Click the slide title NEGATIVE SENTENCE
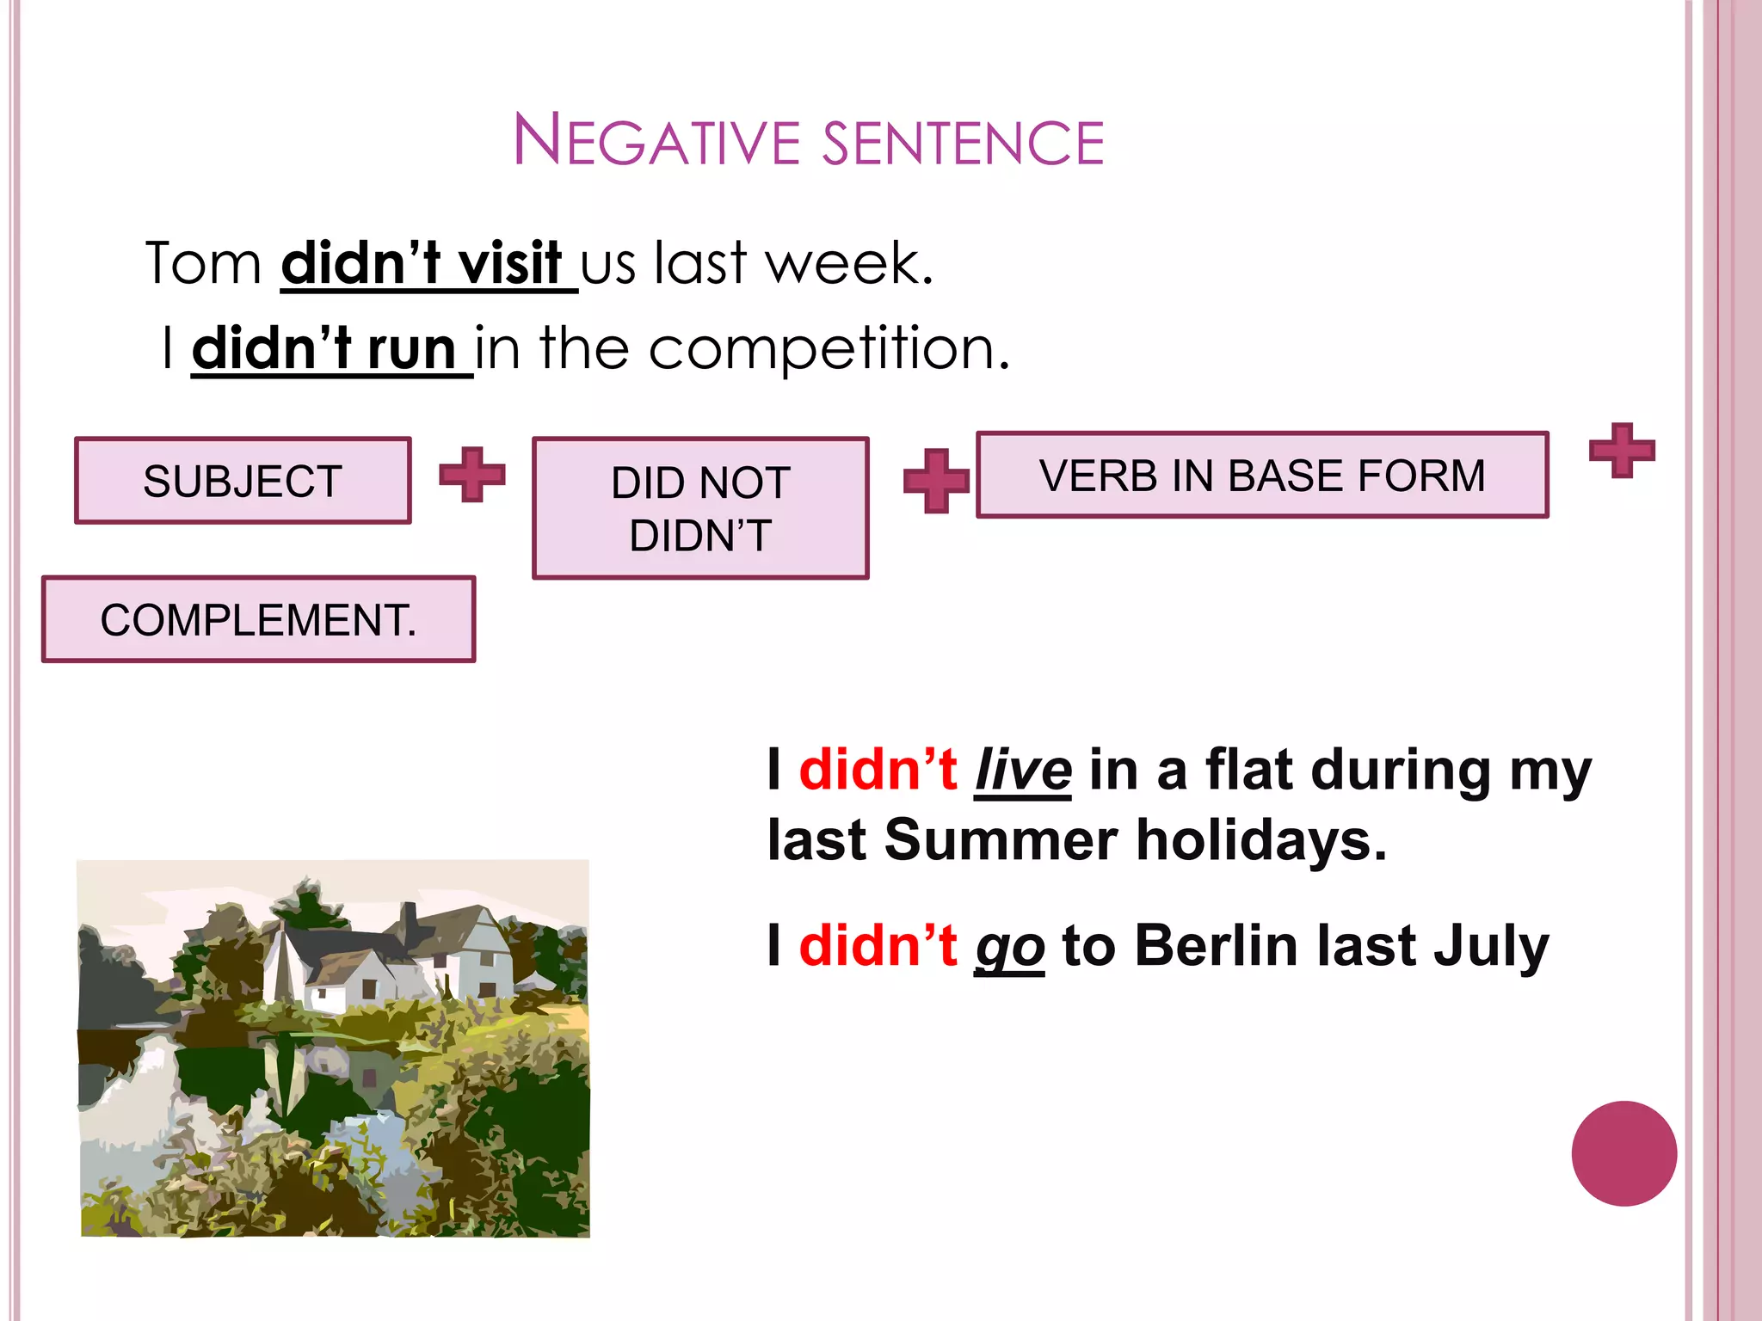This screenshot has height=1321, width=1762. click(x=809, y=140)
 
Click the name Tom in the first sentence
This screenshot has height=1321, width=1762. click(x=203, y=263)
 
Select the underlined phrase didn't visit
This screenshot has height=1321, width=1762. click(x=422, y=263)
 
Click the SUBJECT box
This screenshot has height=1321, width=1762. click(x=243, y=481)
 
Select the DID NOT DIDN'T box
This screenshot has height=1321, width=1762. click(x=700, y=508)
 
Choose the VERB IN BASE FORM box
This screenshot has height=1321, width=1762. click(x=1262, y=476)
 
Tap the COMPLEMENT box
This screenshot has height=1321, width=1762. click(x=258, y=619)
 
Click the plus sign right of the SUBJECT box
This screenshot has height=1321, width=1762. click(x=472, y=474)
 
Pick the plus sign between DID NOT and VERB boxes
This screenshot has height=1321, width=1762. click(x=936, y=481)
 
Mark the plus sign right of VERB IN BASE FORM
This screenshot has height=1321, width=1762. click(x=1622, y=450)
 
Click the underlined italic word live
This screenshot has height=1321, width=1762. click(x=1023, y=771)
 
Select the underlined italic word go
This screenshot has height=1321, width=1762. click(x=1009, y=947)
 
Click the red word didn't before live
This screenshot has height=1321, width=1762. click(x=878, y=770)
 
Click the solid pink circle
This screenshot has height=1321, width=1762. click(x=1623, y=1153)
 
